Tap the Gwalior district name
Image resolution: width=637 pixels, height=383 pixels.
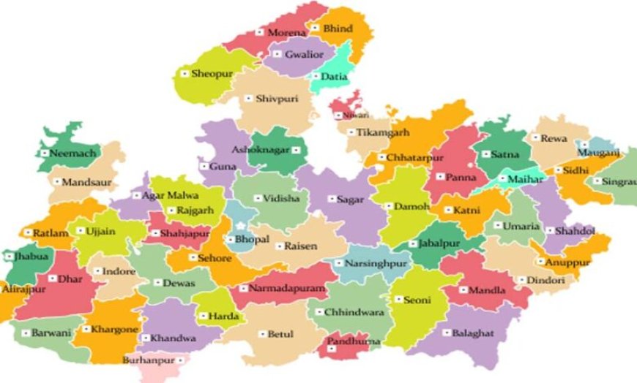(303, 54)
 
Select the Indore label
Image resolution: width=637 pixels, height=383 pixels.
(119, 272)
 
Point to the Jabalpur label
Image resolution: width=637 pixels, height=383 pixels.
(442, 243)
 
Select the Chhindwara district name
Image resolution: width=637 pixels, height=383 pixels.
(354, 312)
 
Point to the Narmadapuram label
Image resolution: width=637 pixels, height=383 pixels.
(287, 289)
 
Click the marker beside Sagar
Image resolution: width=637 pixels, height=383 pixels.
(331, 199)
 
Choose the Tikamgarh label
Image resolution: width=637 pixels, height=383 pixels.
(382, 133)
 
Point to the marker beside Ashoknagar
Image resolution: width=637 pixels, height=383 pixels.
(296, 149)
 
